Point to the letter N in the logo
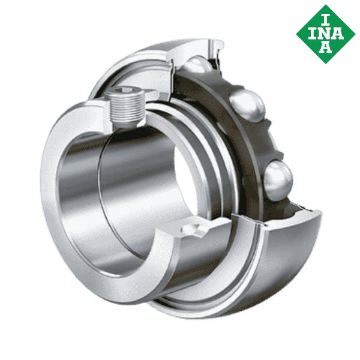pyautogui.click(x=325, y=32)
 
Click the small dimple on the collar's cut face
pyautogui.click(x=193, y=230)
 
